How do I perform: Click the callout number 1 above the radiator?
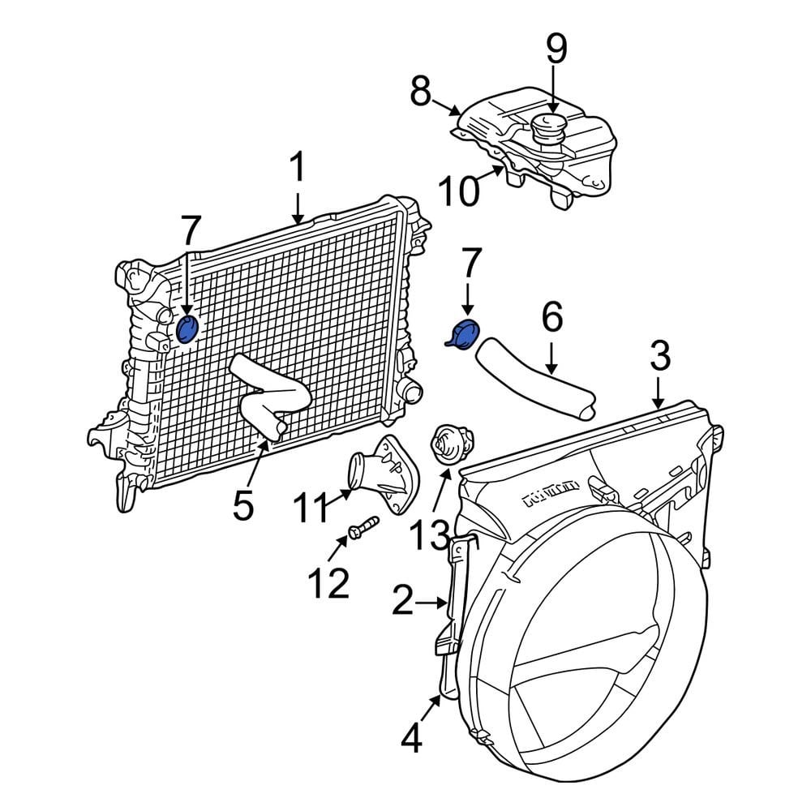(x=298, y=168)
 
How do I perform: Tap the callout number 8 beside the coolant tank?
(x=420, y=92)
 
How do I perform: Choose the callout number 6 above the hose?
(x=551, y=319)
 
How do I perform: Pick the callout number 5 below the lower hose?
(x=243, y=506)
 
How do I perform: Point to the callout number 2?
(x=407, y=603)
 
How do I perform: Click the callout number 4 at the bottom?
(x=412, y=738)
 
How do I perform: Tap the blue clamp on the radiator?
(x=187, y=329)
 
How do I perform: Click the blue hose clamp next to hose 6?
(x=465, y=335)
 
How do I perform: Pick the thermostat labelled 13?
(x=448, y=445)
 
